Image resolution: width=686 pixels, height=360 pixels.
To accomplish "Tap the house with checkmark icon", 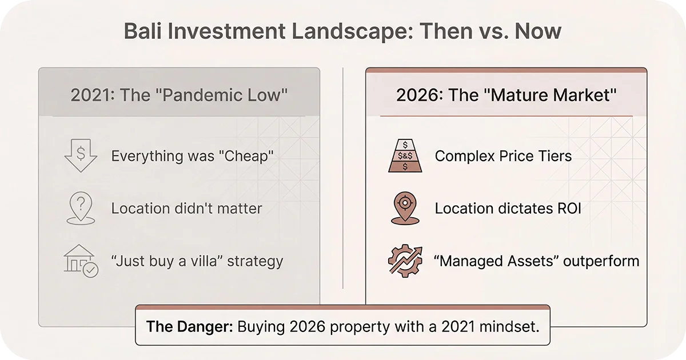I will click(81, 261).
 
